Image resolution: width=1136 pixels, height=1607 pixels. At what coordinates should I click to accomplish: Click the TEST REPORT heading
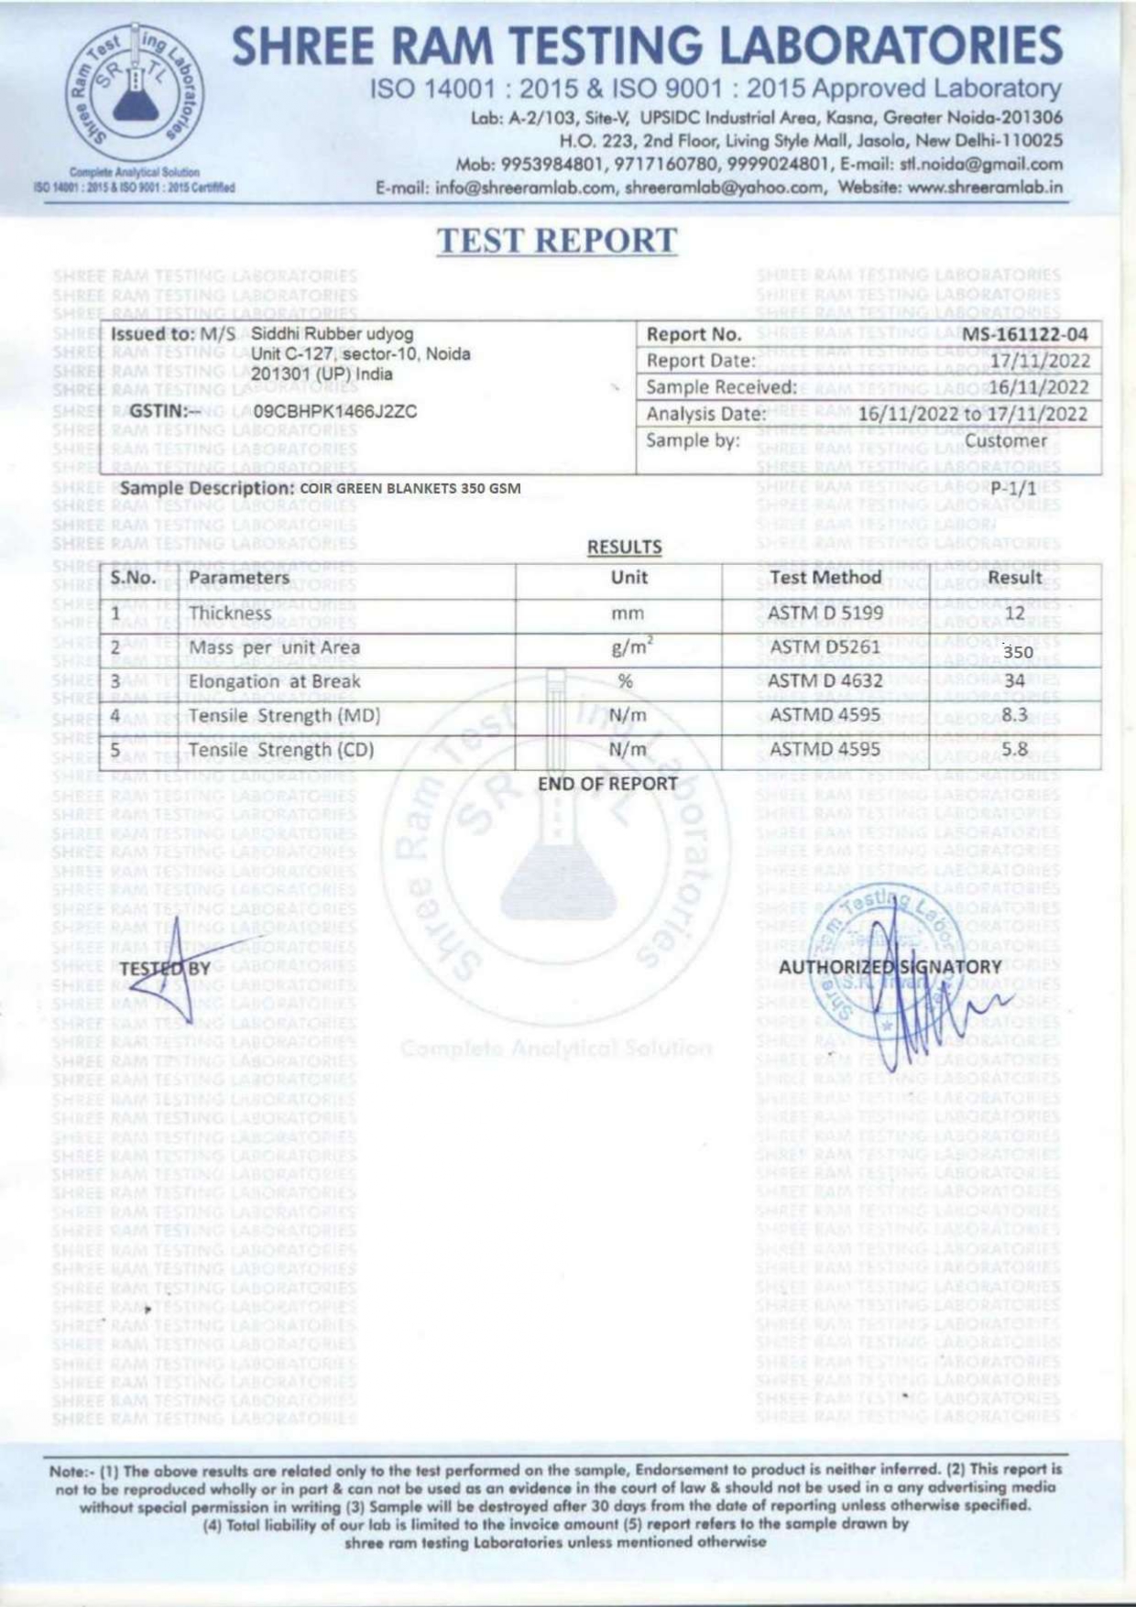pos(556,241)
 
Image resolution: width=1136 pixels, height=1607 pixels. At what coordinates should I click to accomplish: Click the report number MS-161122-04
pos(1024,334)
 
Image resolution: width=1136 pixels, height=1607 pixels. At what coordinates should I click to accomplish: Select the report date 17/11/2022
pos(1040,361)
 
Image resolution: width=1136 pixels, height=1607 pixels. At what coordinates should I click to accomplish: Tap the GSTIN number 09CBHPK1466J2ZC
pos(335,411)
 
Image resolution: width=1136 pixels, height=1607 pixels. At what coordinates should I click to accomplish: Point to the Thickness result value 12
pos(1014,613)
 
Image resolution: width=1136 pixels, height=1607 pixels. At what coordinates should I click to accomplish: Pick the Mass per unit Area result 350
pos(1018,652)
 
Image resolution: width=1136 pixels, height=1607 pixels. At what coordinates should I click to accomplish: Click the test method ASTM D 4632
pos(825,681)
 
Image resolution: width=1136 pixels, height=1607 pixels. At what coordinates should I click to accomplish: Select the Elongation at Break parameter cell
pos(274,682)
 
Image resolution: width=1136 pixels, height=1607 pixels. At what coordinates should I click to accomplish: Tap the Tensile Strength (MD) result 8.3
pos(1014,714)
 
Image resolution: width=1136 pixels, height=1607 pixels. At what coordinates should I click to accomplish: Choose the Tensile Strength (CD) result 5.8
pos(1014,749)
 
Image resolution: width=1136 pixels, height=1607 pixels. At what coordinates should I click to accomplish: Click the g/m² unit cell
pos(630,647)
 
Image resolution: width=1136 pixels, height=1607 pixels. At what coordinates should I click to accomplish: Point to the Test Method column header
pos(825,578)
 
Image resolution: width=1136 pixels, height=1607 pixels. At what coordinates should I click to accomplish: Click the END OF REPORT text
pos(606,785)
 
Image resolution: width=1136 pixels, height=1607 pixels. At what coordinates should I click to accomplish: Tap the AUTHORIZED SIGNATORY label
pos(890,968)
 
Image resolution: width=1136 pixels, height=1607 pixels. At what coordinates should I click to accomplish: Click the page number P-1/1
pos(1013,489)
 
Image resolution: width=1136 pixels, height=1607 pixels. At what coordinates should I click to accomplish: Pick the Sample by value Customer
pos(1005,441)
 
